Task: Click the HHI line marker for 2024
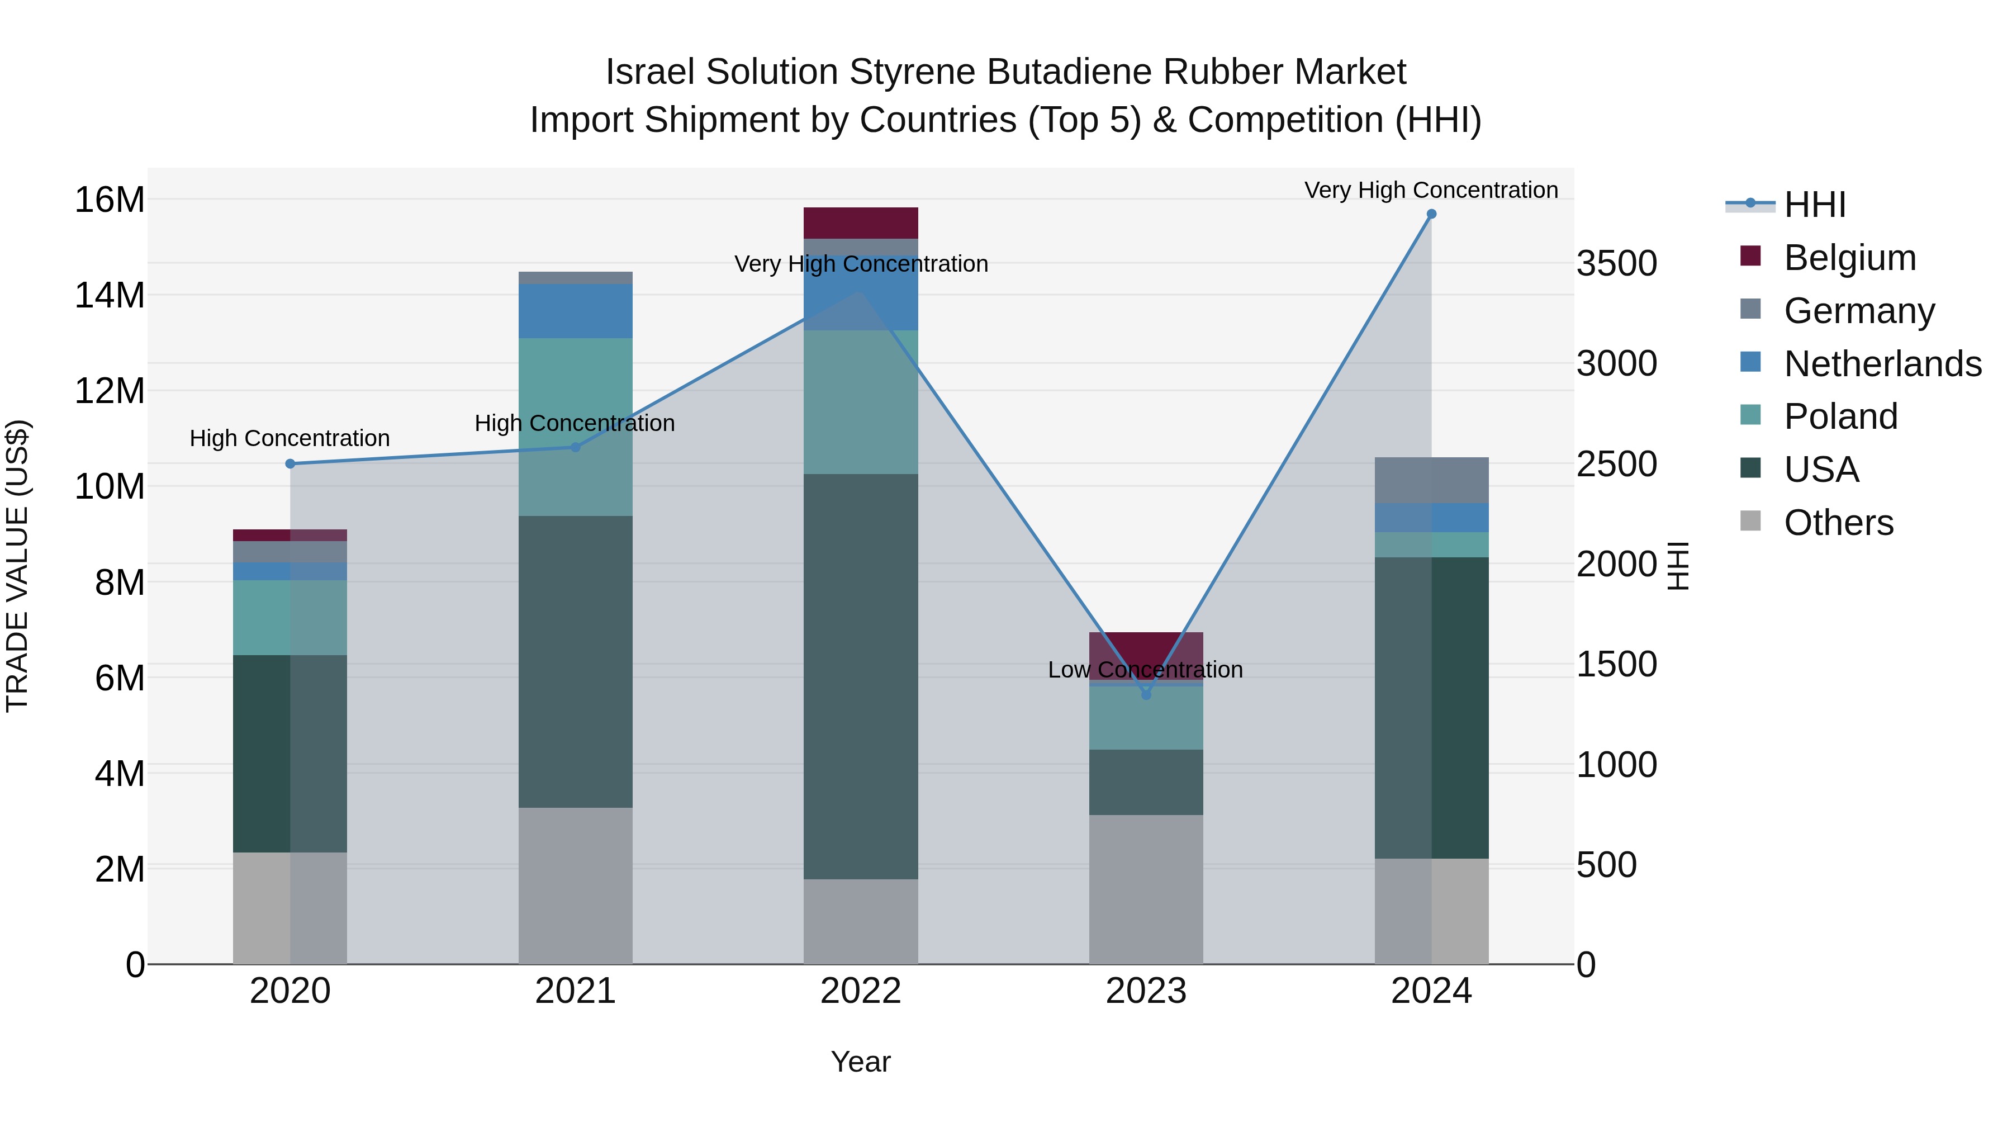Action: (1431, 214)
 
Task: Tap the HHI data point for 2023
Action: (1146, 694)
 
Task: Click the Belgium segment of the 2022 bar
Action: (861, 222)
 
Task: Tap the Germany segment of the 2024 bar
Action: (1431, 480)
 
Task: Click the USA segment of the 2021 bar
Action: (575, 662)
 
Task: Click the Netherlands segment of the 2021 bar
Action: (575, 311)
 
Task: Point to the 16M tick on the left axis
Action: (110, 200)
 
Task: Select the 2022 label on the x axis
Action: (861, 991)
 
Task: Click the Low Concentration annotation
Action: (1145, 670)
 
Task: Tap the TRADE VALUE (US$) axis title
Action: (17, 566)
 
